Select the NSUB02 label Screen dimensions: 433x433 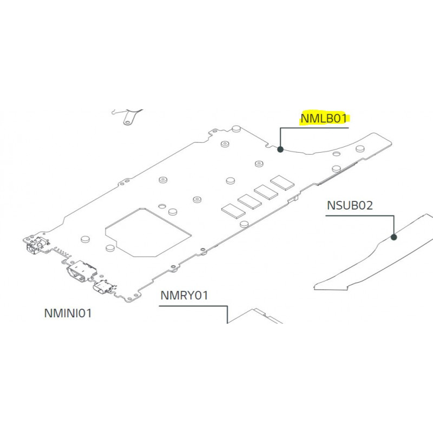[x=350, y=206]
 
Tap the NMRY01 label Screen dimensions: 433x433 [x=184, y=296]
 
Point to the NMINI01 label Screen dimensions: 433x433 [x=68, y=313]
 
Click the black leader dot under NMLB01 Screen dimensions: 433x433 [x=280, y=149]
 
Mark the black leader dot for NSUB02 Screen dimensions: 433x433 [x=394, y=237]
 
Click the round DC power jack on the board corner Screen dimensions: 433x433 [x=31, y=247]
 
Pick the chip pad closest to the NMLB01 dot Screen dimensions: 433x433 [x=281, y=182]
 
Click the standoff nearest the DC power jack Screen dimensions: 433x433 [x=84, y=239]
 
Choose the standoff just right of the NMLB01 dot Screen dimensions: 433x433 [x=360, y=147]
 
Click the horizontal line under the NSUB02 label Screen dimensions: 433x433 [x=360, y=215]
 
